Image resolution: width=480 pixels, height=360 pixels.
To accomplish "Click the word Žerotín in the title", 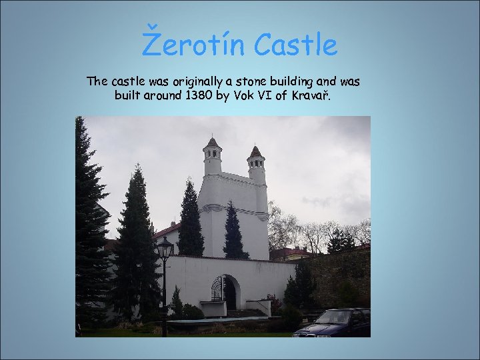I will [x=192, y=45].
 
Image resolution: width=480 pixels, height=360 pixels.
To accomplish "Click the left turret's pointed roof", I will [x=212, y=142].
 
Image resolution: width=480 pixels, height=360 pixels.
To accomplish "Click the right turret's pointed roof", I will [x=255, y=151].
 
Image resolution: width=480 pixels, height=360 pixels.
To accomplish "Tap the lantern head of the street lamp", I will [x=164, y=249].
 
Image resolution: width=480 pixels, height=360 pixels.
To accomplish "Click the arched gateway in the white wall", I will [x=224, y=291].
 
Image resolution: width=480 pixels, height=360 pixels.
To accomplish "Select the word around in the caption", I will [x=165, y=96].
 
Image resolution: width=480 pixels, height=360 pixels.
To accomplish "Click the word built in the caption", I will [x=129, y=96].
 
